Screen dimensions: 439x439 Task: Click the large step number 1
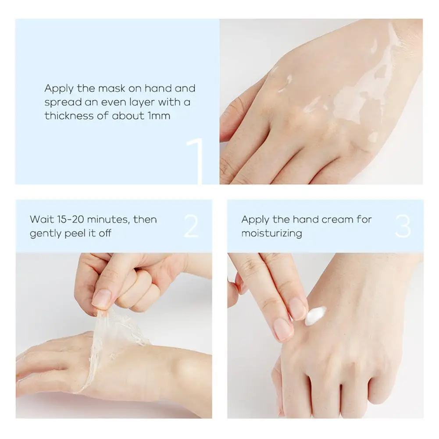[196, 161]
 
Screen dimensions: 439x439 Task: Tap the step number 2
[192, 226]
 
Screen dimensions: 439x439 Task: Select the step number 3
[403, 226]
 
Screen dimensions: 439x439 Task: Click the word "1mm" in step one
[159, 116]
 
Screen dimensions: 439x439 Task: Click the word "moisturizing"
[271, 233]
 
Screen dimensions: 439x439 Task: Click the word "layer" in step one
[140, 103]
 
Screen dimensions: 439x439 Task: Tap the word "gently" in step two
[45, 233]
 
